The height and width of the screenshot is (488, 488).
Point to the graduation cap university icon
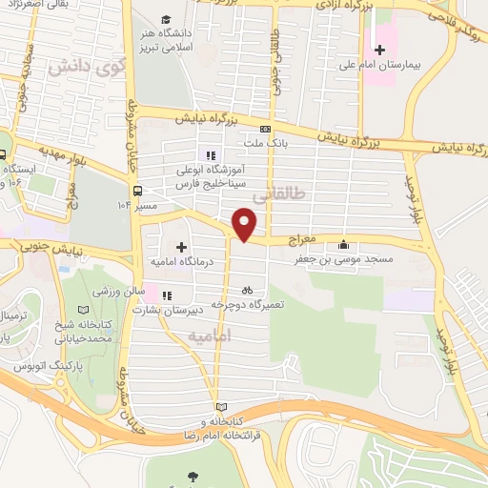point(167,19)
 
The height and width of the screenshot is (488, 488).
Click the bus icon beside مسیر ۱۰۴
point(139,189)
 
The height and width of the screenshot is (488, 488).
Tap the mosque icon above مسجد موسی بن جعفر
point(344,246)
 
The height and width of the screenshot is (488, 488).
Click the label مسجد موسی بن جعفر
point(345,258)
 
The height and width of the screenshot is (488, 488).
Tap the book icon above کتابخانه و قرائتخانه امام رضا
point(222,406)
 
